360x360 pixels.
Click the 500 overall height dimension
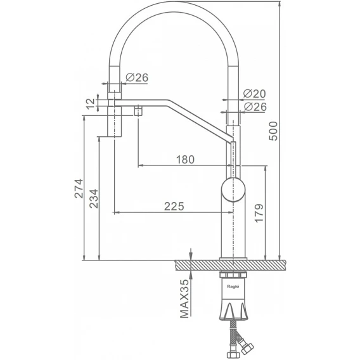[273, 131]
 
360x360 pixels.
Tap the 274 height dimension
[79, 188]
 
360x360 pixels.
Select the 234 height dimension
[94, 198]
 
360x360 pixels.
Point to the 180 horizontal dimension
[185, 160]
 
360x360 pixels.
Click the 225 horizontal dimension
[174, 207]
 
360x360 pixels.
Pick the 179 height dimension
[259, 213]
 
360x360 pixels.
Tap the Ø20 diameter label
[254, 94]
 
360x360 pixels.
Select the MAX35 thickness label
[184, 299]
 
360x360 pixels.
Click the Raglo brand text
[233, 286]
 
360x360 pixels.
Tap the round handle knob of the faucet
[233, 190]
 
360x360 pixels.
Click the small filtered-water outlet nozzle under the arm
[138, 111]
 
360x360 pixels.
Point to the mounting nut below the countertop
[233, 275]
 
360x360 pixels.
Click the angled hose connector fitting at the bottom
[245, 345]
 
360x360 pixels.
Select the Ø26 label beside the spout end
[137, 77]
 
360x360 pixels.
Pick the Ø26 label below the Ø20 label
[255, 106]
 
